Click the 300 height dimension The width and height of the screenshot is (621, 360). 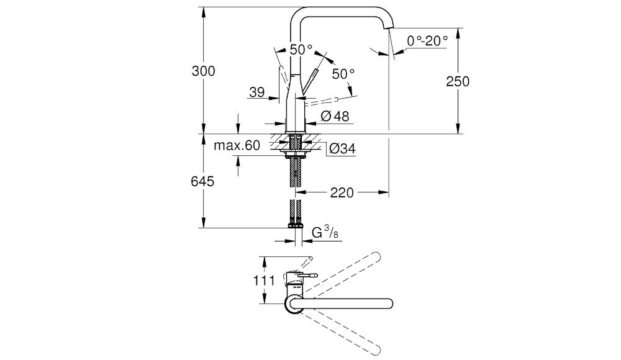coord(204,71)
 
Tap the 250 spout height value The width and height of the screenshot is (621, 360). coord(458,81)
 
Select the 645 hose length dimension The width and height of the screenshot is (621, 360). coord(202,181)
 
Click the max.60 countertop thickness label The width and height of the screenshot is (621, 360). coord(237,146)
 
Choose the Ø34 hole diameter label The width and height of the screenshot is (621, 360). coord(342,148)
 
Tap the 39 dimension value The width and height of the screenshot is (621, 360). coord(256,92)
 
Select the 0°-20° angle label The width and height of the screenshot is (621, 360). coord(428,41)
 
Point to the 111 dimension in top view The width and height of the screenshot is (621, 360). coord(264,280)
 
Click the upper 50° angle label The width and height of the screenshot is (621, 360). coord(301,49)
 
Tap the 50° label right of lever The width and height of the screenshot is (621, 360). coord(343,73)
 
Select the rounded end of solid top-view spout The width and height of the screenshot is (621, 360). coord(389,303)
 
